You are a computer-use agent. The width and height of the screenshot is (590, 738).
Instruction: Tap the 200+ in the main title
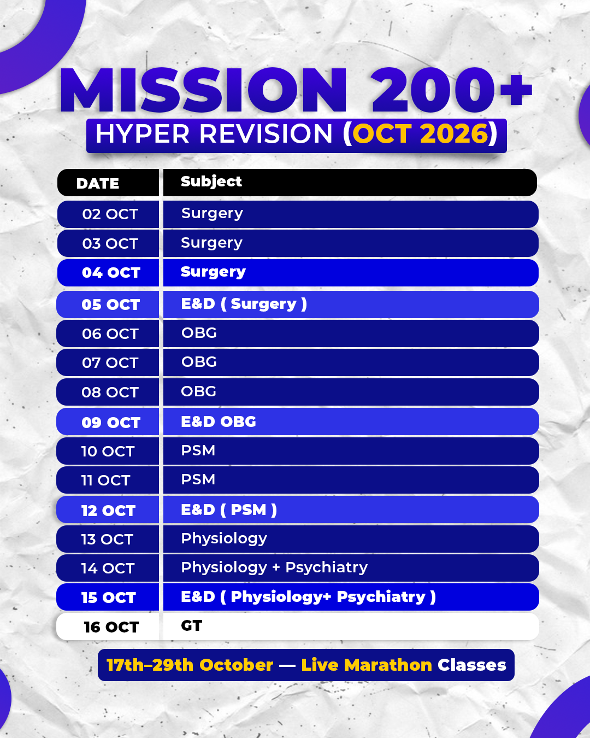(452, 90)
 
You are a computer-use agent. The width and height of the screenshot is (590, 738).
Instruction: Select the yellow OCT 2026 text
(420, 133)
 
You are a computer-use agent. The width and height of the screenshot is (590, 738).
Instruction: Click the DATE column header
(98, 184)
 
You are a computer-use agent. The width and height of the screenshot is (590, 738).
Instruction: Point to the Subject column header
(211, 181)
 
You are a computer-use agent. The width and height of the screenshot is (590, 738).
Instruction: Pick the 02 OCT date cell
(108, 214)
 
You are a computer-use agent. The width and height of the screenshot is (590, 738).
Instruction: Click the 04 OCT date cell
(108, 273)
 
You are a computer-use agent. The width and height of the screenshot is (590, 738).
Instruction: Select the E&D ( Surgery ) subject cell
(351, 304)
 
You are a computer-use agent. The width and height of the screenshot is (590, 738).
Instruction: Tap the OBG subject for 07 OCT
(199, 362)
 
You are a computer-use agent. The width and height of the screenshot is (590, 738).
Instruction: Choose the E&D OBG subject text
(219, 421)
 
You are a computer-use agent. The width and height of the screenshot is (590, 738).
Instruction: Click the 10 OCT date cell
(108, 451)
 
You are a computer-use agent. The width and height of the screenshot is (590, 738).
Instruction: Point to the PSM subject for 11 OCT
(198, 479)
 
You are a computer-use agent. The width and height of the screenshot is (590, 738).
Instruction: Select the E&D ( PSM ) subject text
(229, 509)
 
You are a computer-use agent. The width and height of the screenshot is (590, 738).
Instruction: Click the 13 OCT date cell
(108, 539)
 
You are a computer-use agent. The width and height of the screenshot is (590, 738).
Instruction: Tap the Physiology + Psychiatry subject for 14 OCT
(274, 568)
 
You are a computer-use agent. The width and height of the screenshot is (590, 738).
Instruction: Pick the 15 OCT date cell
(108, 597)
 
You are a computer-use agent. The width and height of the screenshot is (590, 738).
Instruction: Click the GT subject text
(192, 626)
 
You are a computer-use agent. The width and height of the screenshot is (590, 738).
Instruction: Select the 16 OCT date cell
(108, 626)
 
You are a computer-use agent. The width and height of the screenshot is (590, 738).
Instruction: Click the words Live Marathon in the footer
(367, 665)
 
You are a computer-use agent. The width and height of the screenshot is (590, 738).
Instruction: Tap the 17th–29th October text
(190, 665)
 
